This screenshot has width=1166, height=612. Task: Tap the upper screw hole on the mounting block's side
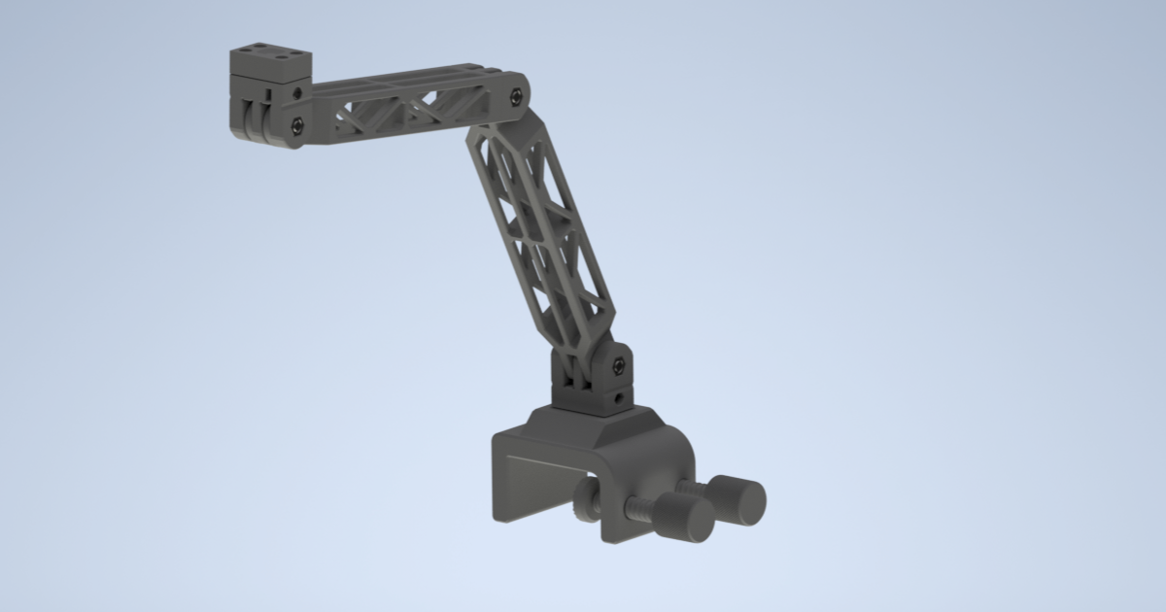(x=296, y=91)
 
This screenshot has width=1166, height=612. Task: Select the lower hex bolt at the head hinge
(x=296, y=123)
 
